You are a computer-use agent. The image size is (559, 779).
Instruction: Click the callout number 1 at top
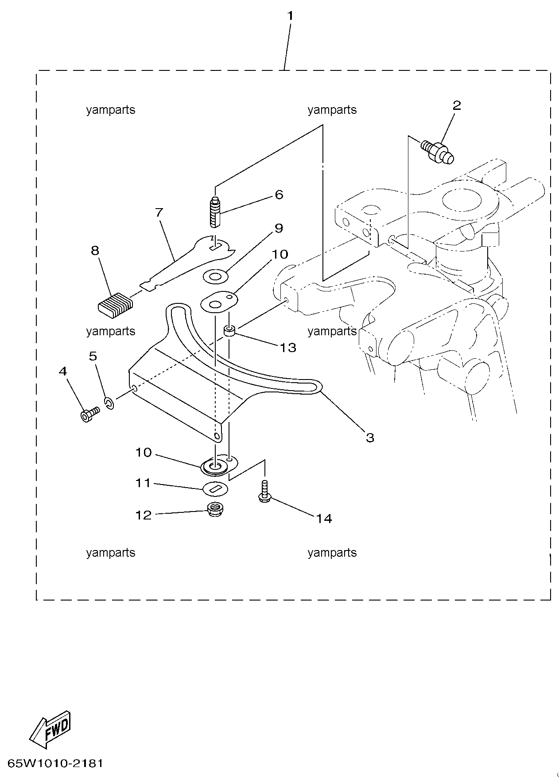tap(290, 16)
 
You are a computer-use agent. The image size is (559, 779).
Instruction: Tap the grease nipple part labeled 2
tap(438, 151)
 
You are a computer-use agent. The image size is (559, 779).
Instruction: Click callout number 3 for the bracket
tap(370, 438)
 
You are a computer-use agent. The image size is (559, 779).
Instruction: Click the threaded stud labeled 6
tap(215, 212)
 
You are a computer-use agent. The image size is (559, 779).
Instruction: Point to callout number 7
tap(159, 212)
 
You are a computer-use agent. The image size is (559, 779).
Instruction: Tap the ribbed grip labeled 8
tap(115, 305)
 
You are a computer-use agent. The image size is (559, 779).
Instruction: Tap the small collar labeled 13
tap(229, 330)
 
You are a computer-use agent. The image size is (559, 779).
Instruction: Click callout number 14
tap(324, 518)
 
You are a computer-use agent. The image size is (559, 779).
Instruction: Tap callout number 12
tap(144, 515)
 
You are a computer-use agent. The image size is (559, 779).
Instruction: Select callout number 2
tap(457, 105)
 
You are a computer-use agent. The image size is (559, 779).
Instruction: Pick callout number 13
tap(288, 348)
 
